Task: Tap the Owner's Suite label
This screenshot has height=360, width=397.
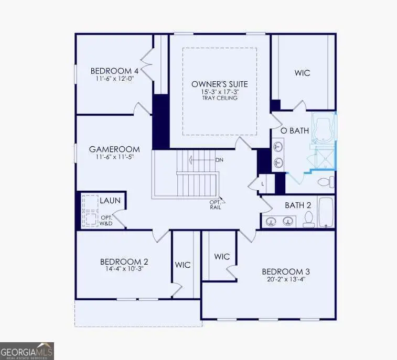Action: pyautogui.click(x=219, y=84)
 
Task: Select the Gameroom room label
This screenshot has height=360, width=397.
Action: pyautogui.click(x=110, y=149)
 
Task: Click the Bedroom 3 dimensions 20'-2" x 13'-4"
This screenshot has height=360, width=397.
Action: pyautogui.click(x=286, y=280)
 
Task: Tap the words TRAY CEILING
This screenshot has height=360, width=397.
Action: pyautogui.click(x=219, y=98)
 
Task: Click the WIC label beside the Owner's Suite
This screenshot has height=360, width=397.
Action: pyautogui.click(x=302, y=73)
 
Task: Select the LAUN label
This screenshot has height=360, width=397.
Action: pyautogui.click(x=111, y=200)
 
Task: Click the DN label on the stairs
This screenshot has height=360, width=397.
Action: pyautogui.click(x=221, y=159)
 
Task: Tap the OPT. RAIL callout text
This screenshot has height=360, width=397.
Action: pyautogui.click(x=216, y=204)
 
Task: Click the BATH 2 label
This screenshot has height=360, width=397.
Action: pyautogui.click(x=298, y=205)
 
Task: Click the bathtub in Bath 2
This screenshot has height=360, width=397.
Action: pyautogui.click(x=326, y=212)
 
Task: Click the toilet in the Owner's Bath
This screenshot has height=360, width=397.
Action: pyautogui.click(x=326, y=182)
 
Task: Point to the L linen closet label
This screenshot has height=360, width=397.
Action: pyautogui.click(x=263, y=184)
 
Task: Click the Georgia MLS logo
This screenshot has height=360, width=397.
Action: pyautogui.click(x=27, y=351)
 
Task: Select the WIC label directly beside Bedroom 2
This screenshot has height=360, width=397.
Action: pyautogui.click(x=183, y=265)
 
